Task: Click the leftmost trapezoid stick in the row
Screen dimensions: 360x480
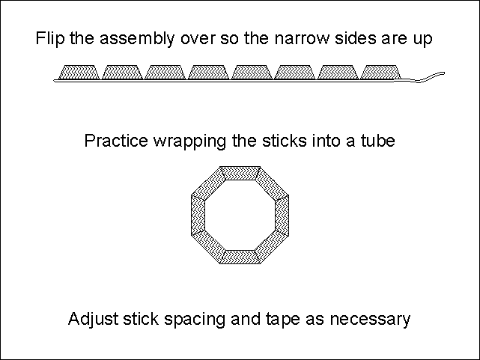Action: coord(79,72)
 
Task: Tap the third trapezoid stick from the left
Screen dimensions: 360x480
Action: coord(165,72)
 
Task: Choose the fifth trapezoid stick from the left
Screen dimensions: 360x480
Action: coord(252,72)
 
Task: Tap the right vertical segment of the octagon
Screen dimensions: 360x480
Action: coord(282,215)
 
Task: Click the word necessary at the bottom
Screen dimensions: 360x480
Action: coord(374,320)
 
